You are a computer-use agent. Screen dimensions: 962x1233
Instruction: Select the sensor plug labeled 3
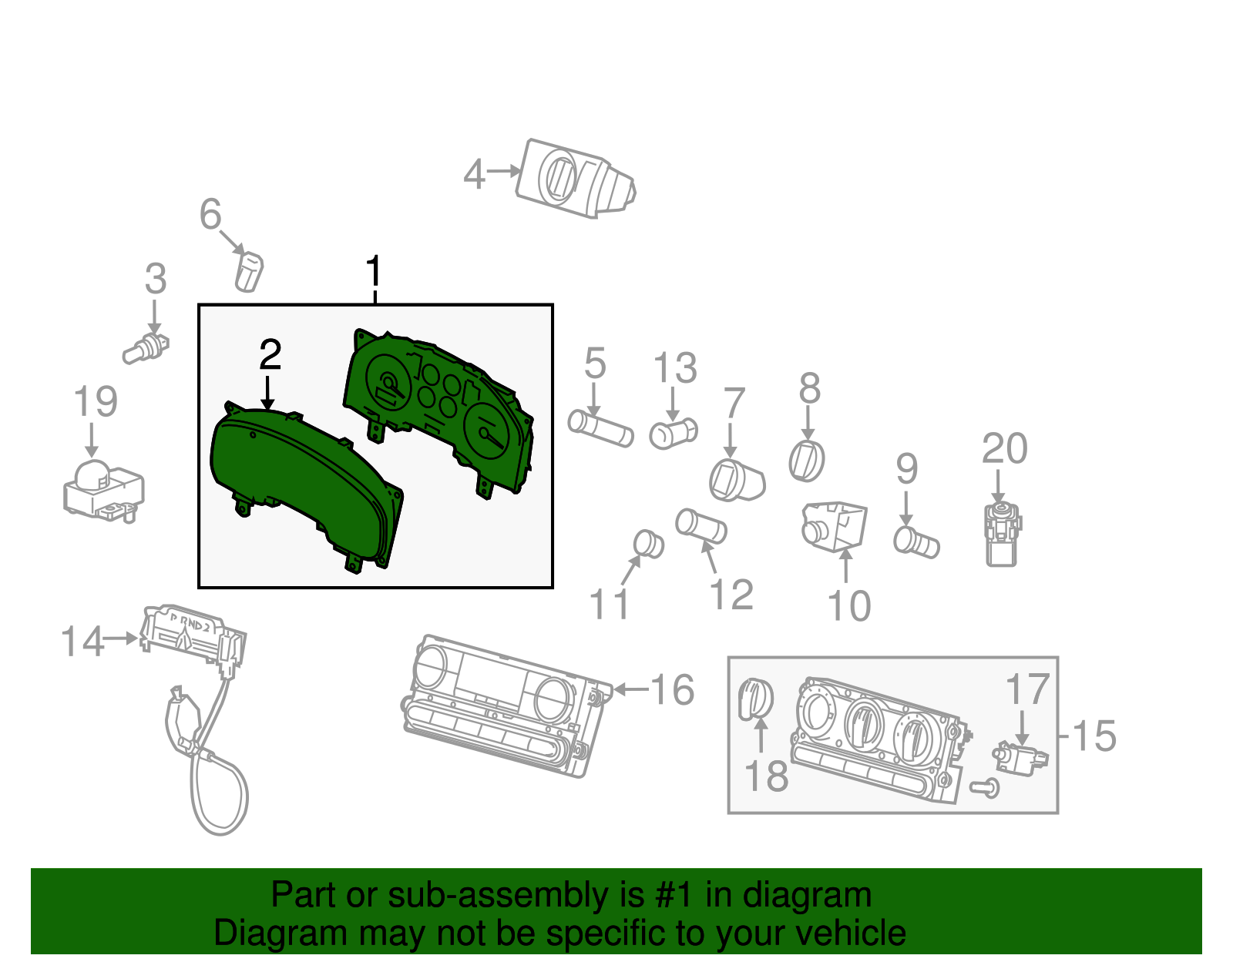click(146, 349)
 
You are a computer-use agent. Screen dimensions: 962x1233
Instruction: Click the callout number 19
click(96, 402)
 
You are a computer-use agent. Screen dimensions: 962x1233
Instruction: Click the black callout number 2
click(270, 355)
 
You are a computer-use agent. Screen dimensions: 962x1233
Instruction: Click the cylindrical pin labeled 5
click(600, 429)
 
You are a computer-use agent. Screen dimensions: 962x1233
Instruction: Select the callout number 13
click(675, 368)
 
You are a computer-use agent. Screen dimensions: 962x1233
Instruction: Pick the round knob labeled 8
click(807, 461)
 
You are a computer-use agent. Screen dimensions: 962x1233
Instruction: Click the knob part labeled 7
click(736, 480)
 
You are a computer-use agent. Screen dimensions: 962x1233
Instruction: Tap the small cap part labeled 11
click(648, 544)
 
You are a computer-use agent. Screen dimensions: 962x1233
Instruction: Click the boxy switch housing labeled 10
click(835, 526)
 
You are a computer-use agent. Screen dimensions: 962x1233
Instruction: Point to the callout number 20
click(1004, 449)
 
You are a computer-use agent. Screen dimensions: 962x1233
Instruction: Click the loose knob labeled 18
click(755, 699)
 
